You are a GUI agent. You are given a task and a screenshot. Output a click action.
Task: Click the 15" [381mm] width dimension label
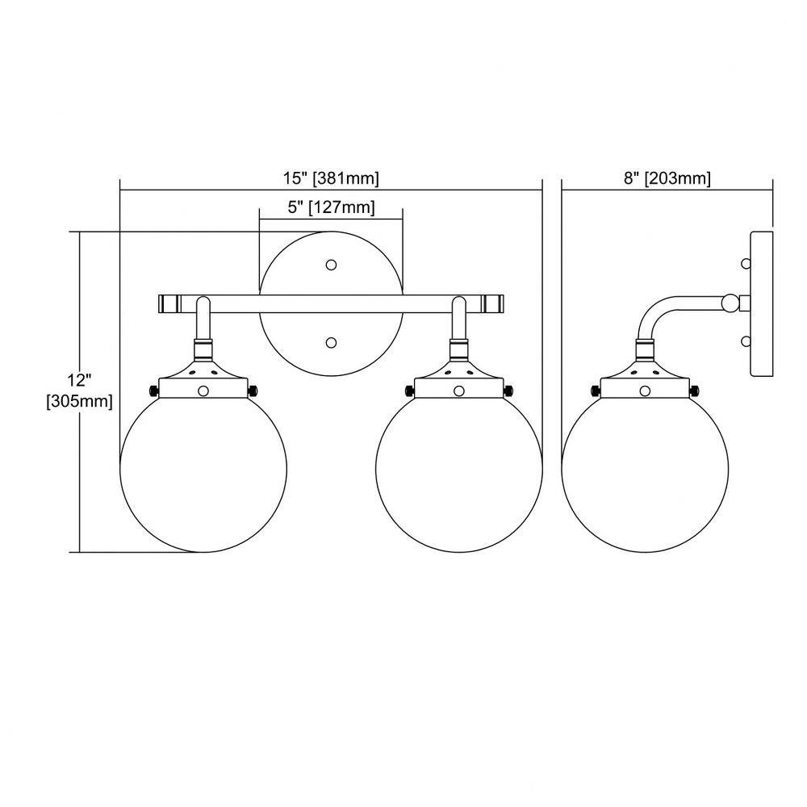(331, 178)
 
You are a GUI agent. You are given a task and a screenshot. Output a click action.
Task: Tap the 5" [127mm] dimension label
(331, 207)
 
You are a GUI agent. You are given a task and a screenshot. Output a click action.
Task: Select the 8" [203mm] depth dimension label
(667, 178)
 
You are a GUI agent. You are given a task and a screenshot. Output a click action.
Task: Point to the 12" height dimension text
(79, 380)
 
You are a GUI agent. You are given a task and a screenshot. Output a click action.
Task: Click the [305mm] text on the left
(79, 401)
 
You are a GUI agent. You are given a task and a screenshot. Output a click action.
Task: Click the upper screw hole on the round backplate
(332, 265)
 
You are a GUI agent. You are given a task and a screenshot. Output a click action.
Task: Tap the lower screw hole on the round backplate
(332, 342)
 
